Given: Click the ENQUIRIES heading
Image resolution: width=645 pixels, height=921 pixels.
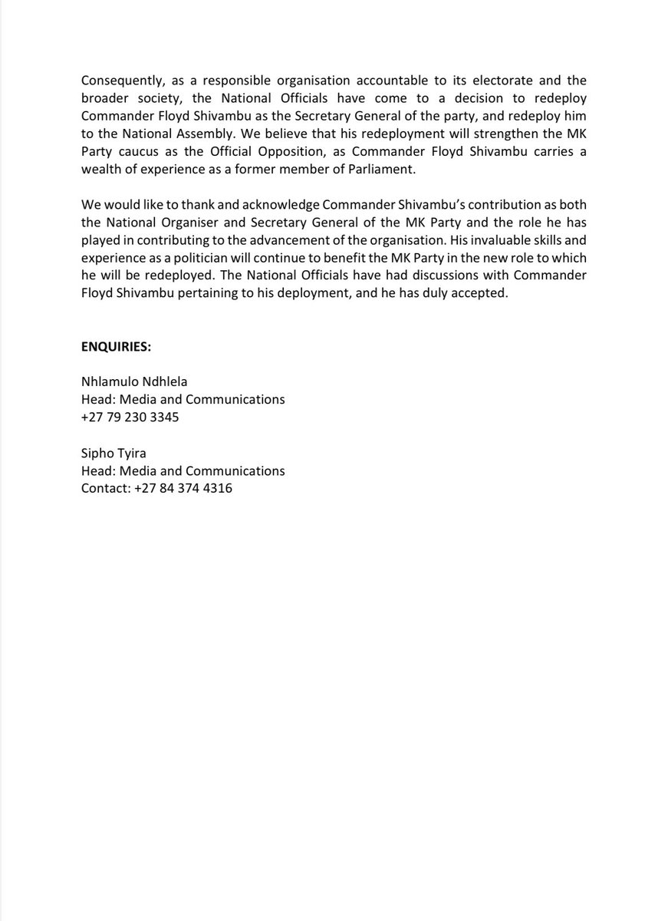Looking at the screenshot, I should coord(117,346).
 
